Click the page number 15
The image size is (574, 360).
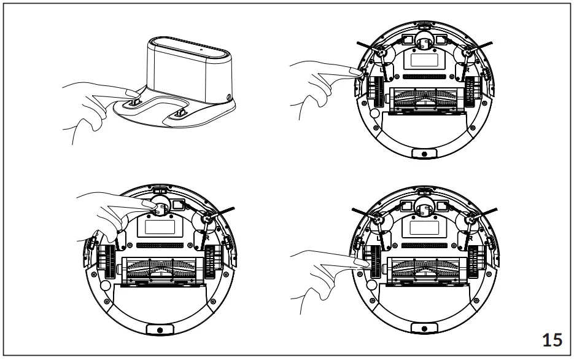tap(551, 338)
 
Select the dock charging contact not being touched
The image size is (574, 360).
tap(180, 113)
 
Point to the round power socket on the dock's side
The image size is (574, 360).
tap(229, 97)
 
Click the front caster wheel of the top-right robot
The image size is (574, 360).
tap(424, 41)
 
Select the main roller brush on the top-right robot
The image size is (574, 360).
tap(424, 98)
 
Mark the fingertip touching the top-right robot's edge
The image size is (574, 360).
tap(356, 72)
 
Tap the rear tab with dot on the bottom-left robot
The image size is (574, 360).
tap(159, 329)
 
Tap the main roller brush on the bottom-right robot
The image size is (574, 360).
tap(424, 267)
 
